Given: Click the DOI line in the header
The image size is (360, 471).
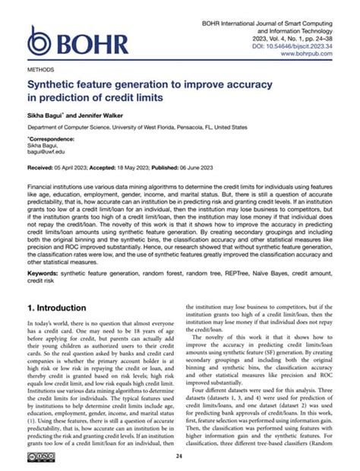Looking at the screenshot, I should coord(286,46).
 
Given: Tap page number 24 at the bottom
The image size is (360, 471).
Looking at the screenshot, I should coord(179,456).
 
